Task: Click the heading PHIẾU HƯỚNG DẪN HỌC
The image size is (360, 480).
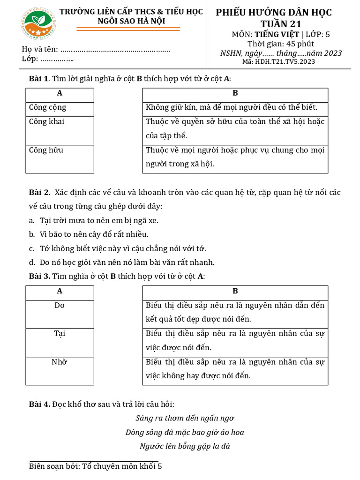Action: (274, 13)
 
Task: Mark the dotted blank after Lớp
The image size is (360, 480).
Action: (57, 59)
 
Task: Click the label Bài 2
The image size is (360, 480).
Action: (39, 192)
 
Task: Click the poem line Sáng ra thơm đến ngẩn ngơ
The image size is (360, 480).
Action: (185, 418)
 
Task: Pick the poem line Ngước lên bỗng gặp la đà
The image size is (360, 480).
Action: (185, 446)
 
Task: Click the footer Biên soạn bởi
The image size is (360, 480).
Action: (95, 466)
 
